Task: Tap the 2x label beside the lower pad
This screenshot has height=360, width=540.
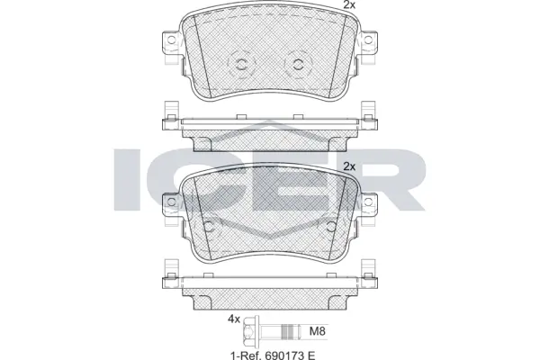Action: (349, 166)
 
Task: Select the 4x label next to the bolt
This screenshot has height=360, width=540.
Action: (234, 318)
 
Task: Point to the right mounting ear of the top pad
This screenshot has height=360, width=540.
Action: (368, 42)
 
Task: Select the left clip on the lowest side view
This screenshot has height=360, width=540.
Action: (169, 270)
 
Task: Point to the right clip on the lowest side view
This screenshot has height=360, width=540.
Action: (368, 270)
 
